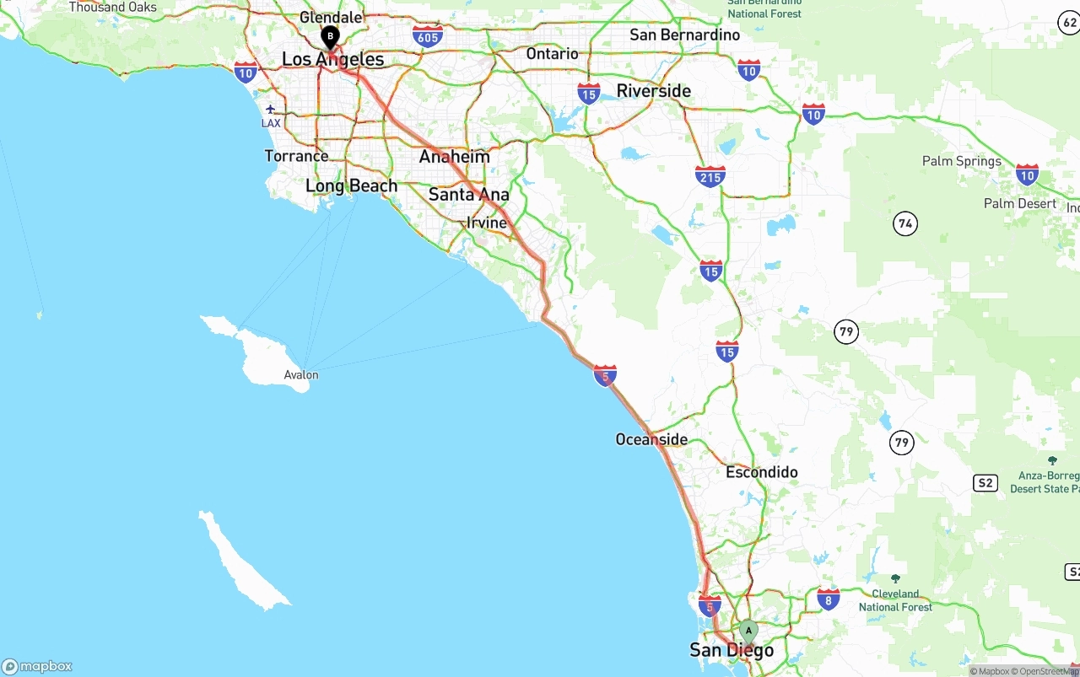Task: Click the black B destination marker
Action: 330,36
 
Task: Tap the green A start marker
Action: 748,631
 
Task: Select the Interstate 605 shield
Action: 428,35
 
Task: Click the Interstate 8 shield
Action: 828,599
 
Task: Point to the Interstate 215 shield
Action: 710,176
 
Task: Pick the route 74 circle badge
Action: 905,223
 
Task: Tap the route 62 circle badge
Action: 1068,24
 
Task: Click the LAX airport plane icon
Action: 271,109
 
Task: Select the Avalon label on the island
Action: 301,375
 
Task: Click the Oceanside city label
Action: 651,439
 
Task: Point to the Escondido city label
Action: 762,472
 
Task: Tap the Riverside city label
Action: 654,91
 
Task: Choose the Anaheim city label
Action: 455,157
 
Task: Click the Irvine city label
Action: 487,223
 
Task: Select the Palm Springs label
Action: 962,161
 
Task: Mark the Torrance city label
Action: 296,156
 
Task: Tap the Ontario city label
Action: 553,54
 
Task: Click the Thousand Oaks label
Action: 113,8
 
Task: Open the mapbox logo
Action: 37,666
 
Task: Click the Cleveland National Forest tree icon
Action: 896,579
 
